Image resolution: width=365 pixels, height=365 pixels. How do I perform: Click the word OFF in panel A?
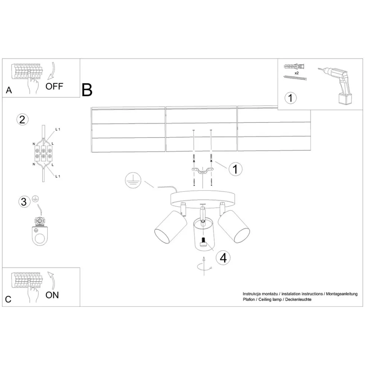55,86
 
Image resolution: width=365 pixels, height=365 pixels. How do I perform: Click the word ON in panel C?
52,295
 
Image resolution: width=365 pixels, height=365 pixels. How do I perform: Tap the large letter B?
87,90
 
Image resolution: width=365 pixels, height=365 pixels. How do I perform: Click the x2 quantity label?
296,73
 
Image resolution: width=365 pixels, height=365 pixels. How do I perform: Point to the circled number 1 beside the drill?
290,98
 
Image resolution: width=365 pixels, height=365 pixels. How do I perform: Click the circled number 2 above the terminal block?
22,120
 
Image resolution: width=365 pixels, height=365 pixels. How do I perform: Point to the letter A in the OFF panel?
9,91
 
